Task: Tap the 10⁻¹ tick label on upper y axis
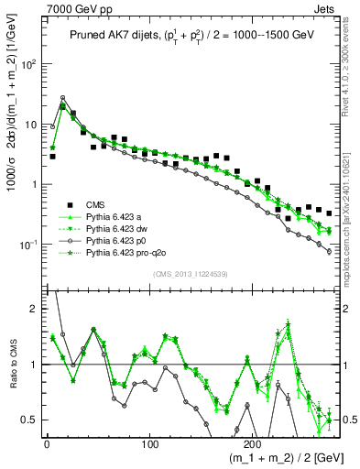pos(28,245)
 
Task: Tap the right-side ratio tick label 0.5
pos(348,420)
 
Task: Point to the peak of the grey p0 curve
pos(62,97)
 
